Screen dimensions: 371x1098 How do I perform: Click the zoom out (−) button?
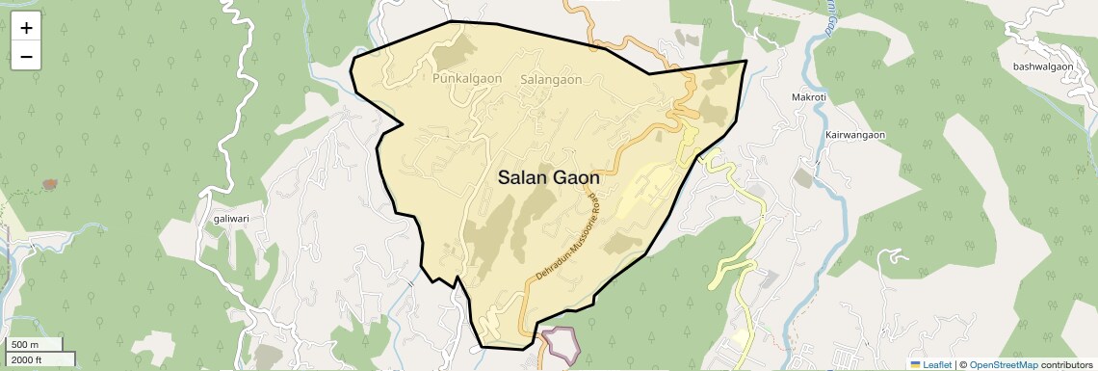click(26, 57)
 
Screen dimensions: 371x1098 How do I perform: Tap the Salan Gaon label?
click(549, 178)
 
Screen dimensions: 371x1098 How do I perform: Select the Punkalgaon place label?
click(466, 78)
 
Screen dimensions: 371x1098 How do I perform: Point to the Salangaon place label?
click(551, 79)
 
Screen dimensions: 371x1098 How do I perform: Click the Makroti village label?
click(809, 98)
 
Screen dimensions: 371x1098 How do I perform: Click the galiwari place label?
click(232, 219)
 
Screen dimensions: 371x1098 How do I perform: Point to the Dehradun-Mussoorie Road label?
click(568, 236)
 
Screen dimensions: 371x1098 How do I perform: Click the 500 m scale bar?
click(35, 345)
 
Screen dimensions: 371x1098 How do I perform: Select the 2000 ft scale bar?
click(39, 359)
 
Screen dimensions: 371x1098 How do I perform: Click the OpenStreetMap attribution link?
click(1003, 364)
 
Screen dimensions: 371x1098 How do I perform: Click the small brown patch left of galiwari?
click(49, 183)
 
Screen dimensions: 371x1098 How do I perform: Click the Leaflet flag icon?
click(916, 364)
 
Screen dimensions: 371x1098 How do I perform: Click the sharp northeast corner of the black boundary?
click(746, 61)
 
